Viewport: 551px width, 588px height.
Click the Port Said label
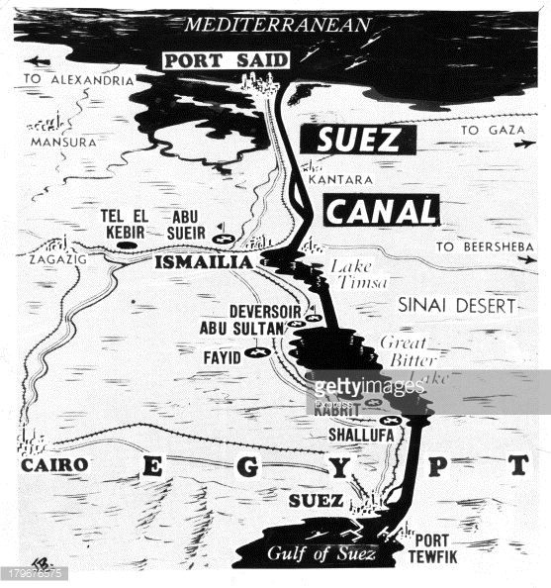click(226, 60)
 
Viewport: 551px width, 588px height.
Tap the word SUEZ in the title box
click(359, 140)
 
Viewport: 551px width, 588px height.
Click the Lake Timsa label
click(354, 274)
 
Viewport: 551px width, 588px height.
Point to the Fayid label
click(223, 353)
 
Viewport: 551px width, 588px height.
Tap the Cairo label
click(54, 464)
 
